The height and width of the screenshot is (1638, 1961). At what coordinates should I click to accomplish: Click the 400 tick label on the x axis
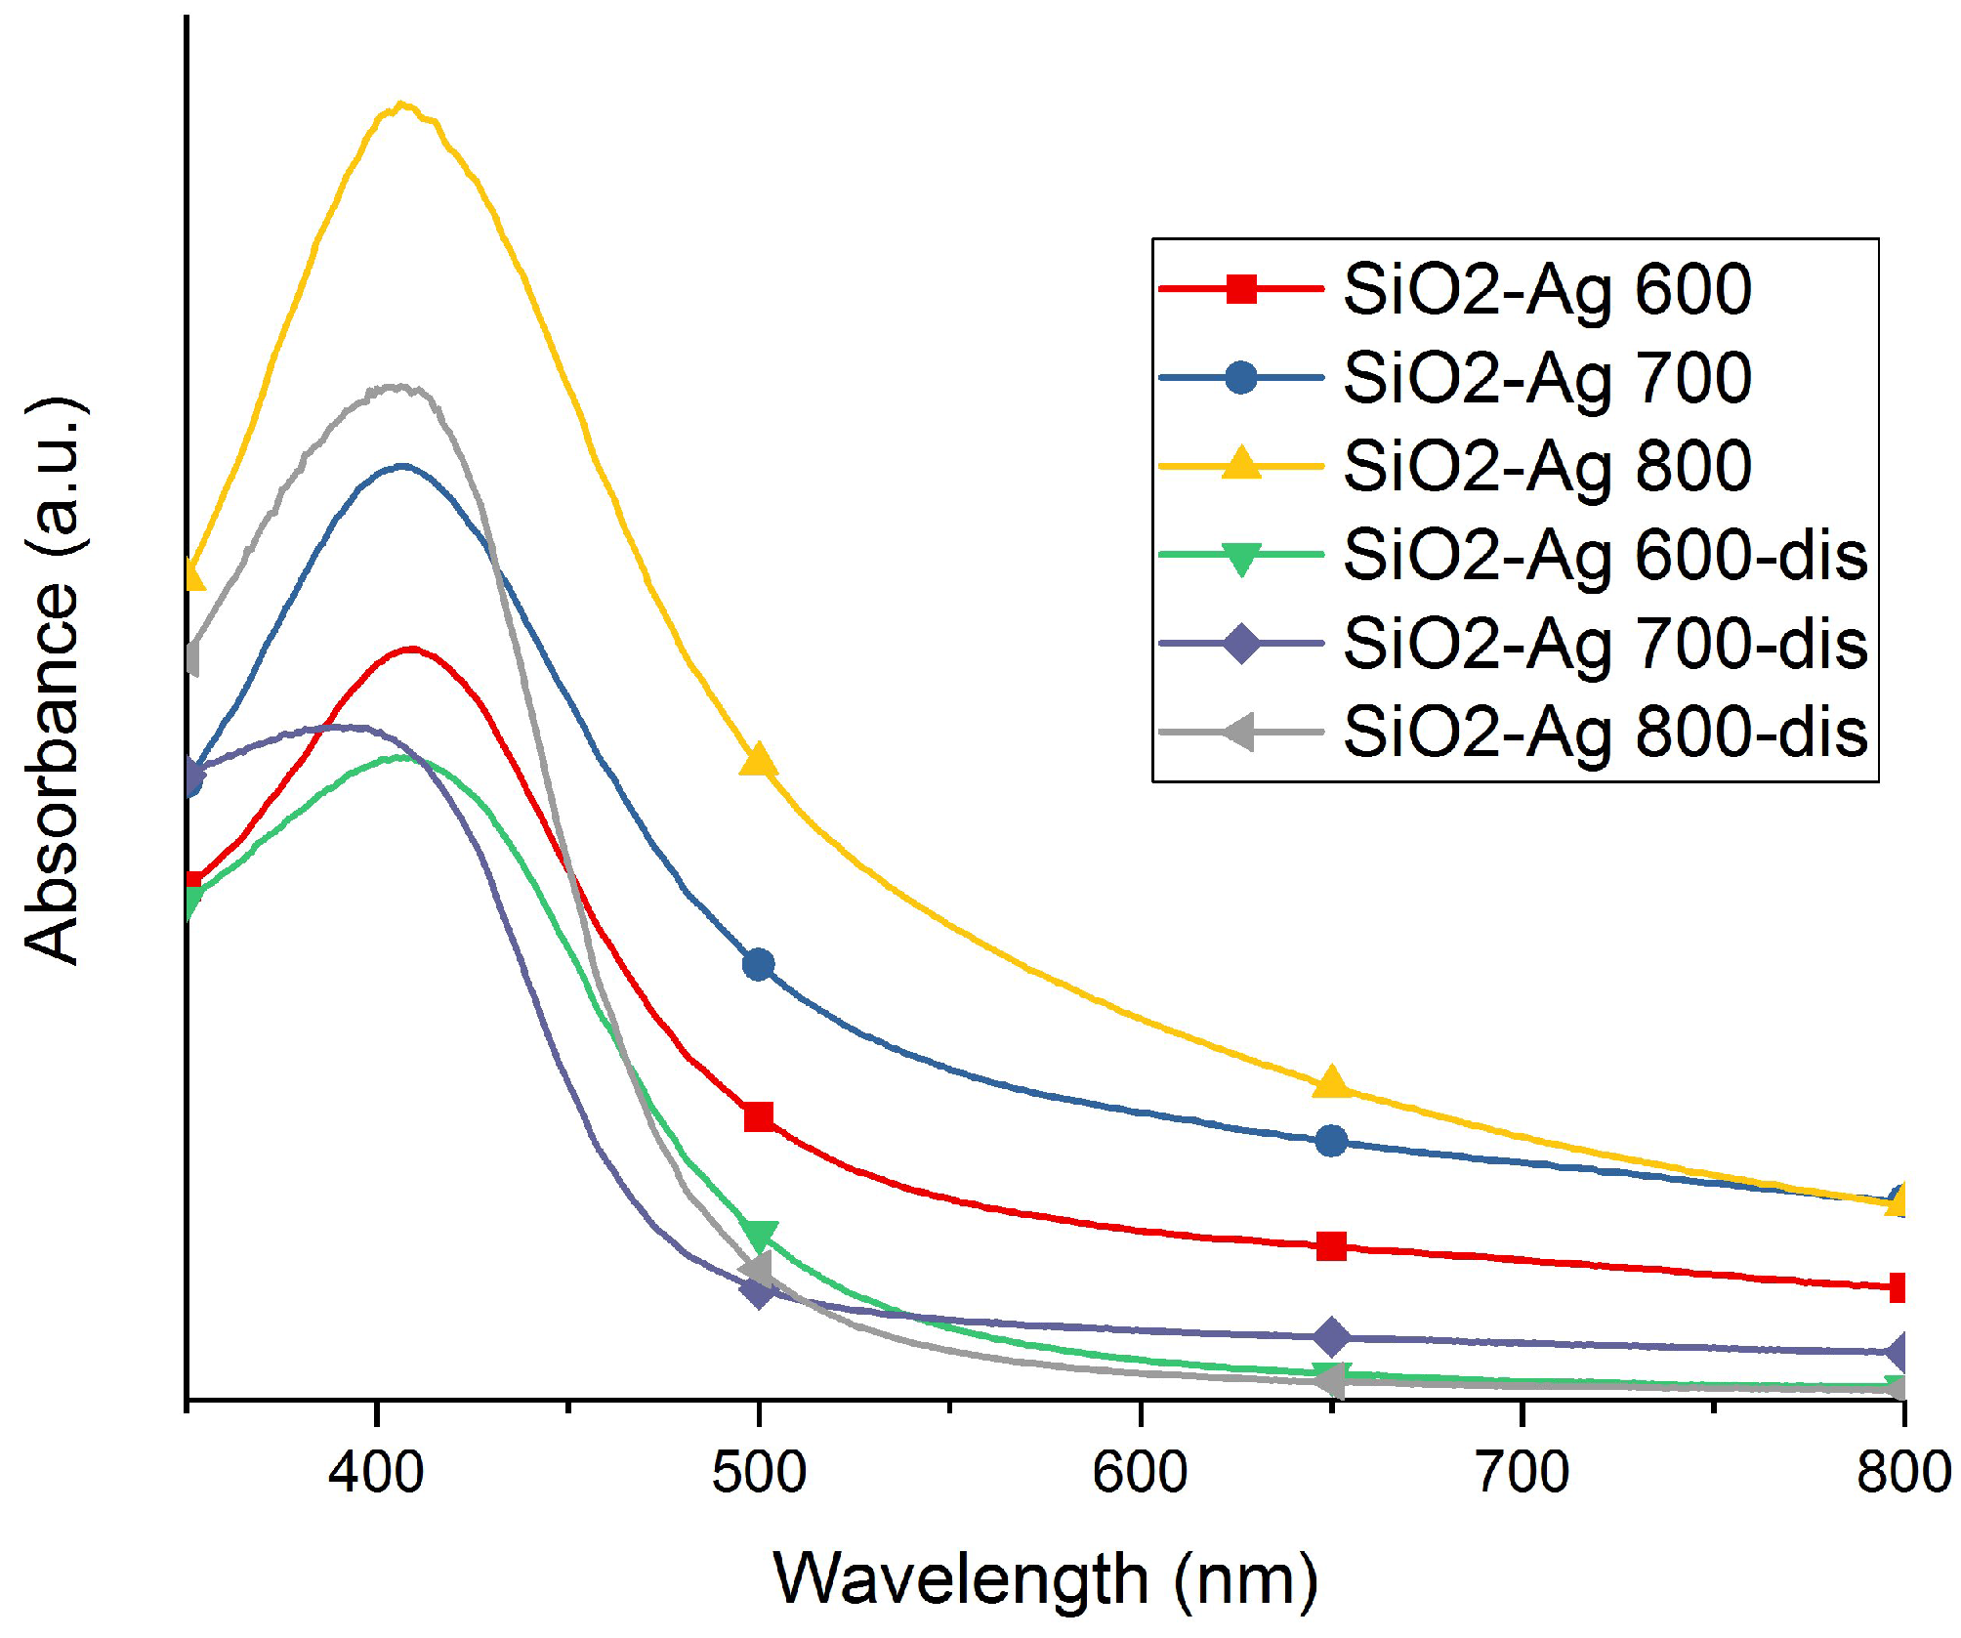coord(376,1472)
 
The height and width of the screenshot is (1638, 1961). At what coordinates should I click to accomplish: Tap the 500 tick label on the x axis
coord(759,1472)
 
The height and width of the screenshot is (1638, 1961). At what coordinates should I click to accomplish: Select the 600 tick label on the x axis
coord(1140,1472)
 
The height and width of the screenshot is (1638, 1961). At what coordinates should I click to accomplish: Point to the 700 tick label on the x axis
coord(1522,1472)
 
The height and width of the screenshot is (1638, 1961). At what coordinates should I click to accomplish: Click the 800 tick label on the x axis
coord(1902,1472)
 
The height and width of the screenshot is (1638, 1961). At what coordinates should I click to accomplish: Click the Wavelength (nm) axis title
coord(1045,1580)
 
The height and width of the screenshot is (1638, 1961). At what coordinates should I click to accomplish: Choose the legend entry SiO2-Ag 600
coord(1547,290)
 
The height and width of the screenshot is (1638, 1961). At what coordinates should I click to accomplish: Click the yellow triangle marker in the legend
coord(1241,464)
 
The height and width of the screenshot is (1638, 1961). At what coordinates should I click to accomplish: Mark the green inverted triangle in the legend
coord(1241,558)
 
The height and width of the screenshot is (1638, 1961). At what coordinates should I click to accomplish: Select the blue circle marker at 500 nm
coord(759,965)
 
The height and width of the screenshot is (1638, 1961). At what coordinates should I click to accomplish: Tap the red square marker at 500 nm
coord(759,1116)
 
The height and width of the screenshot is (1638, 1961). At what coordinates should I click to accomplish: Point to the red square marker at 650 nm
coord(1331,1246)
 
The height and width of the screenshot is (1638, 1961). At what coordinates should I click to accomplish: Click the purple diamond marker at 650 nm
coord(1331,1336)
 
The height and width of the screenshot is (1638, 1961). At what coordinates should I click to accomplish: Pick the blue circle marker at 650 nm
coord(1331,1141)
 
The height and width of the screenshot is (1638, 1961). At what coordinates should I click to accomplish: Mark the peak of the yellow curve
coord(401,105)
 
